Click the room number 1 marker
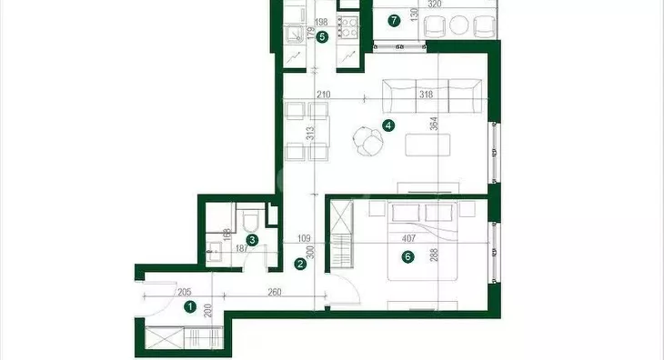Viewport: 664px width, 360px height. tap(191, 306)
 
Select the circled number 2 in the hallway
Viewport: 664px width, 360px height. tap(300, 265)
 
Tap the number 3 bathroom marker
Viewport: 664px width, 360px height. tap(252, 240)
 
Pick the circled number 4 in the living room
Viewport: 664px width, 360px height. tap(387, 125)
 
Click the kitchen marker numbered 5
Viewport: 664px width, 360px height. tap(322, 37)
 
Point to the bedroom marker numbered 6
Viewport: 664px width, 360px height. tap(407, 256)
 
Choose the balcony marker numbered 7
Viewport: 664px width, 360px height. tap(394, 20)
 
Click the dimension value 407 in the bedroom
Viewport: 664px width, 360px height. tap(408, 238)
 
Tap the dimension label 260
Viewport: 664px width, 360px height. tap(275, 293)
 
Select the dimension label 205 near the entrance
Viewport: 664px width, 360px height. tap(185, 292)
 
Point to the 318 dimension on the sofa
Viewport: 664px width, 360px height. tap(426, 95)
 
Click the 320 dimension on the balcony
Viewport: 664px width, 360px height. tap(435, 5)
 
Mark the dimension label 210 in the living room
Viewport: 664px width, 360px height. tap(323, 95)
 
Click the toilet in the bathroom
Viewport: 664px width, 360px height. tap(250, 219)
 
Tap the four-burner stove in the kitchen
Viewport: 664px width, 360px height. tap(347, 26)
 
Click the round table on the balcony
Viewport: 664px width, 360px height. tap(458, 25)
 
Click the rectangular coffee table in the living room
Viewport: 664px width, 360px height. tap(428, 145)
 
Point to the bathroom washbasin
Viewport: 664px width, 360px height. tap(216, 252)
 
